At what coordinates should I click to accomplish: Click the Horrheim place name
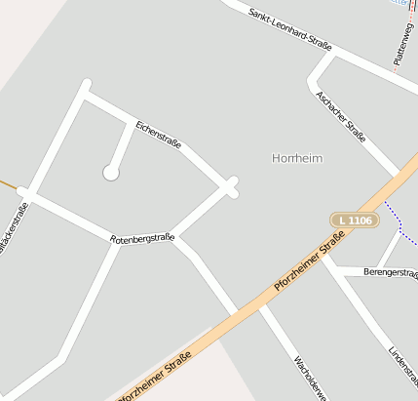(x=297, y=157)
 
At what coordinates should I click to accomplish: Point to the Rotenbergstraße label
(x=141, y=238)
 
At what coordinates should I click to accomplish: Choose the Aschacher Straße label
(x=341, y=116)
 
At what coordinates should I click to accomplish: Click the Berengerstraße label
(x=389, y=272)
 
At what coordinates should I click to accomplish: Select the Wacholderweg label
(x=304, y=377)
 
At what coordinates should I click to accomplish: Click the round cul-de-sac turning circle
(x=111, y=173)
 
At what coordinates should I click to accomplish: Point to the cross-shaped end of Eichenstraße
(x=232, y=186)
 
